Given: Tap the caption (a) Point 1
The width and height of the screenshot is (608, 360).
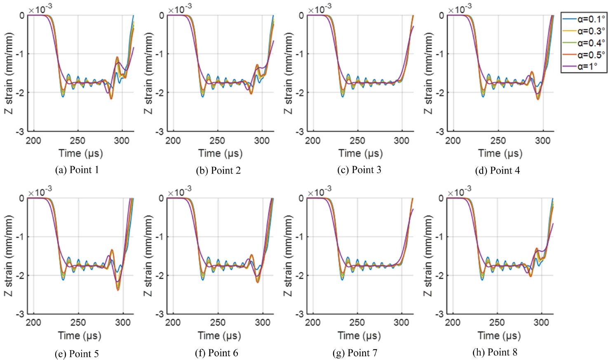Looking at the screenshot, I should [x=77, y=170].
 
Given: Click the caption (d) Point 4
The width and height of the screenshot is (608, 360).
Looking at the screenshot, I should [x=498, y=170].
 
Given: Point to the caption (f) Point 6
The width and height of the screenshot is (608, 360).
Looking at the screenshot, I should [x=216, y=353].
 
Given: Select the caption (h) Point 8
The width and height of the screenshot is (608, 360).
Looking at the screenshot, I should [x=495, y=352].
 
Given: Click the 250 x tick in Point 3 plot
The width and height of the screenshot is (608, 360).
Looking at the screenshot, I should [x=357, y=141].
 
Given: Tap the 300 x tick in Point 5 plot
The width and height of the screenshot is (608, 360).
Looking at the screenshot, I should [x=122, y=322].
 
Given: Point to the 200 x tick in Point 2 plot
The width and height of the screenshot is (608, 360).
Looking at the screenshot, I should [x=173, y=141].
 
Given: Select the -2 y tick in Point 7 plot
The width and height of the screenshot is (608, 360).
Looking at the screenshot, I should [x=300, y=275].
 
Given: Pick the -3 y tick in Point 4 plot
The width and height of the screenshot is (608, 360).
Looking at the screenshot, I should [x=440, y=132].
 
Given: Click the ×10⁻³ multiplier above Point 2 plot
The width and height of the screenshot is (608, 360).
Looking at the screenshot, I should [x=180, y=9].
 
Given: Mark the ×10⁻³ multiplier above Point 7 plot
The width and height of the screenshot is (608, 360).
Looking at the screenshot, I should [x=319, y=191].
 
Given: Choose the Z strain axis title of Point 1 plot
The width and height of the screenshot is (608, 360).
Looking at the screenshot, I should [x=9, y=73].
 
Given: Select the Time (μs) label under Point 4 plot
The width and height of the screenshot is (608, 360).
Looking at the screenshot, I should [x=500, y=153].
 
